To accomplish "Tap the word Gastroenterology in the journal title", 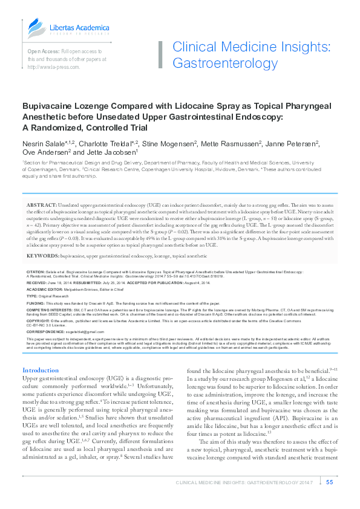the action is [x=225, y=63].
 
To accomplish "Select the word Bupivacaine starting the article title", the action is [x=47, y=104].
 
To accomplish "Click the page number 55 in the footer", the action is [x=329, y=482].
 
